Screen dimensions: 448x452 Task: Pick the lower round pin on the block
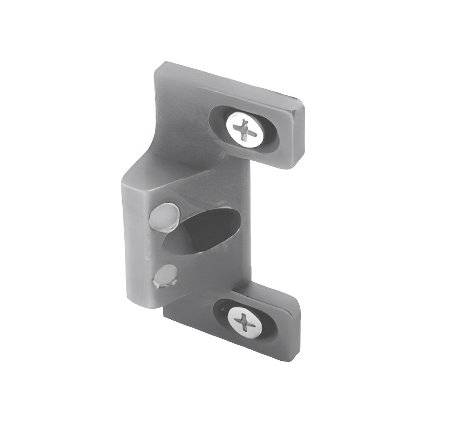(x=165, y=276)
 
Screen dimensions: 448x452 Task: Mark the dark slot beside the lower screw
(x=222, y=311)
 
